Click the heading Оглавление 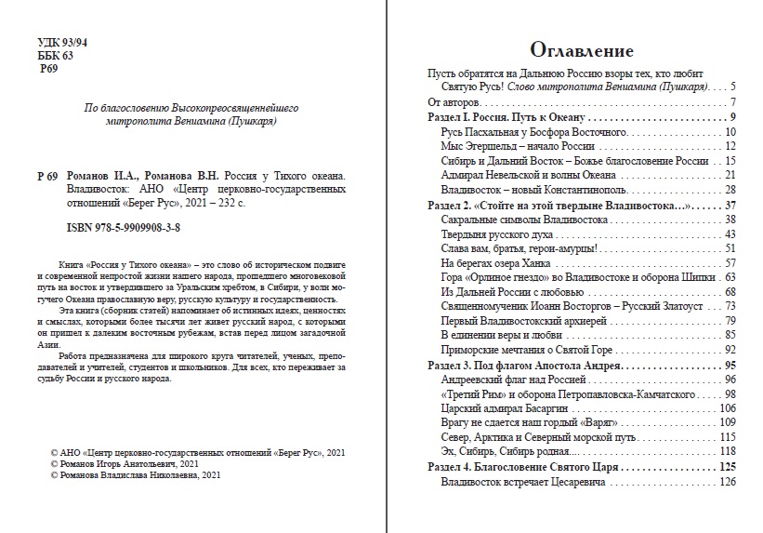coord(581,50)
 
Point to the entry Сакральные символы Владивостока coord(524,220)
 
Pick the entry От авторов coord(453,101)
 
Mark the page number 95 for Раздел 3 coord(730,365)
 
